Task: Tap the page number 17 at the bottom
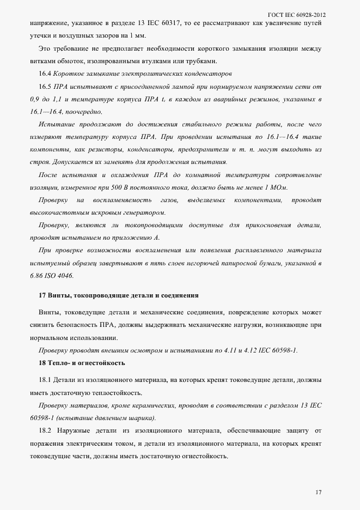point(318,493)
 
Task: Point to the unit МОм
point(279,187)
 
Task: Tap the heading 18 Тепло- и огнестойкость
point(82,362)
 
